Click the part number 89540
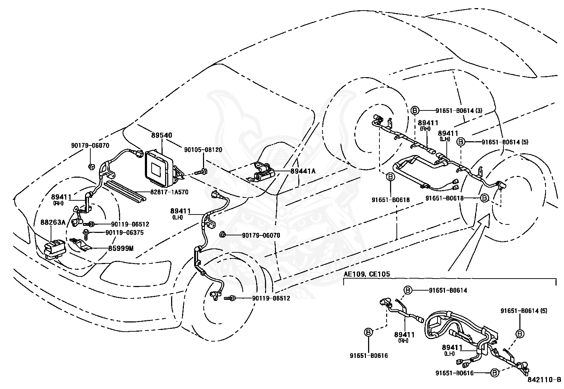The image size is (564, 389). tap(162, 136)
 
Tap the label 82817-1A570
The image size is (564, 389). tap(169, 192)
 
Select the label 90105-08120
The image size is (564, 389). tap(203, 150)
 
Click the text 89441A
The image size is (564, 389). tap(303, 171)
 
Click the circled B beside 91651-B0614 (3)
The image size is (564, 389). tap(415, 111)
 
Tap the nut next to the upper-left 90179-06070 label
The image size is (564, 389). tap(91, 166)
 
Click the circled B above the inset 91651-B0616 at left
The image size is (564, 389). tap(368, 332)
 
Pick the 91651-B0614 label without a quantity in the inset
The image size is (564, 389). tap(448, 291)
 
